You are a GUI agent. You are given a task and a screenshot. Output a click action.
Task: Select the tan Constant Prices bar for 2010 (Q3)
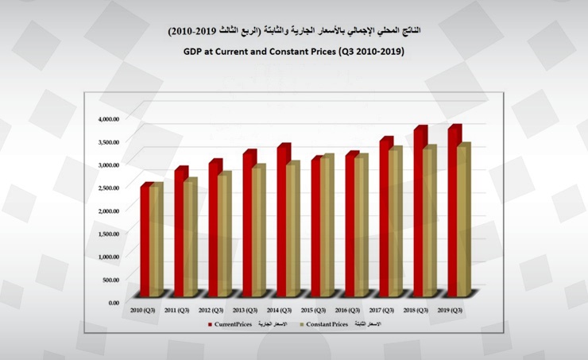[x=155, y=242]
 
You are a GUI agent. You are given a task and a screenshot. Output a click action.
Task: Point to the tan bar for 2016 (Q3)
[x=361, y=226]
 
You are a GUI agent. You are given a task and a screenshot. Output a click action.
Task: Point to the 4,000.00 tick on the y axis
[x=108, y=118]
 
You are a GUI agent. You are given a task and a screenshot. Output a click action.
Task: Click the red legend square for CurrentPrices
[x=209, y=324]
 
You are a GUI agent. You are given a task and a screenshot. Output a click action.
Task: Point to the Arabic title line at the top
[x=294, y=30]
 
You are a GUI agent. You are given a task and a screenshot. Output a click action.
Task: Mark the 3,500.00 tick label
[x=108, y=141]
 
